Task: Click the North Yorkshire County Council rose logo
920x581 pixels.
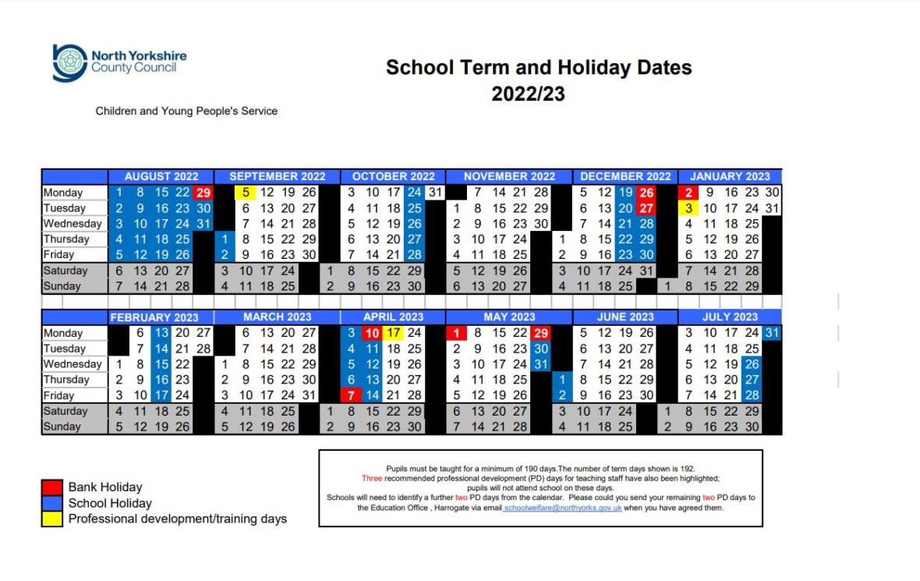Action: pyautogui.click(x=69, y=62)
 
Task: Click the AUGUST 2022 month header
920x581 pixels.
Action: pyautogui.click(x=161, y=176)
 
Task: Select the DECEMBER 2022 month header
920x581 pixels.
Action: pyautogui.click(x=625, y=176)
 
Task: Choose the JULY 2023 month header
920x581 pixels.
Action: pyautogui.click(x=730, y=317)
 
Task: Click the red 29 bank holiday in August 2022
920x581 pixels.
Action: pyautogui.click(x=203, y=193)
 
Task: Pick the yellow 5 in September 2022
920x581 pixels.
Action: pyautogui.click(x=246, y=193)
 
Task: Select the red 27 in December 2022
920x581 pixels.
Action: pyautogui.click(x=646, y=208)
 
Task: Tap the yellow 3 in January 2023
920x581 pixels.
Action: pyautogui.click(x=688, y=208)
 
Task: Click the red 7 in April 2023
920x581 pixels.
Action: pyautogui.click(x=352, y=395)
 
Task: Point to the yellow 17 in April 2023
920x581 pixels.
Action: pyautogui.click(x=394, y=333)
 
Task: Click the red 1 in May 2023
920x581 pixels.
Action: pyautogui.click(x=457, y=333)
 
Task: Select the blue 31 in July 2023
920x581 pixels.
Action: pyautogui.click(x=772, y=333)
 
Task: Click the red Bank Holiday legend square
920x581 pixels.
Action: pyautogui.click(x=51, y=487)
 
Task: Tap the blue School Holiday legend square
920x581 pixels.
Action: pyautogui.click(x=51, y=503)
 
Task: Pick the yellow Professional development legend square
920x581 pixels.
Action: pyautogui.click(x=51, y=519)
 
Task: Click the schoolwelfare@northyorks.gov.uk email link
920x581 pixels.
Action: pyautogui.click(x=562, y=508)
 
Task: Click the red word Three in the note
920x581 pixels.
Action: pyautogui.click(x=372, y=478)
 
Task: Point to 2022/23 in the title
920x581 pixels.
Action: pyautogui.click(x=528, y=94)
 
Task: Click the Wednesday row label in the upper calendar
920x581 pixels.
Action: pyautogui.click(x=73, y=224)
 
